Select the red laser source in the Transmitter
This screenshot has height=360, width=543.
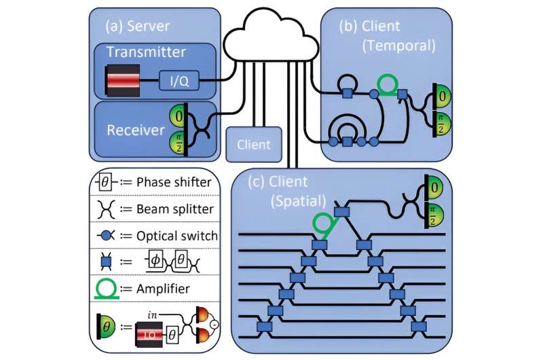click(x=123, y=81)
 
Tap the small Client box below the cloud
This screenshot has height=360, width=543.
click(x=254, y=144)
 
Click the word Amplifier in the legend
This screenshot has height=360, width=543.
click(x=160, y=288)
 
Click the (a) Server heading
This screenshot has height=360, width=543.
click(x=138, y=26)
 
